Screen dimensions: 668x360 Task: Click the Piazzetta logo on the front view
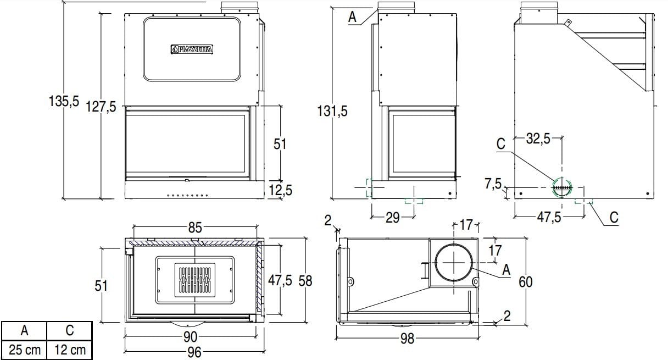pyautogui.click(x=192, y=49)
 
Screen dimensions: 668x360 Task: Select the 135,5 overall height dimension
pyautogui.click(x=64, y=101)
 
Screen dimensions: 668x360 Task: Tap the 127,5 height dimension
pyautogui.click(x=101, y=107)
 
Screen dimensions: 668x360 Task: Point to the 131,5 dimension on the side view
pyautogui.click(x=332, y=111)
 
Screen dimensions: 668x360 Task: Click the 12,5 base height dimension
pyautogui.click(x=281, y=190)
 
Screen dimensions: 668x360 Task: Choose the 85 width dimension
pyautogui.click(x=195, y=228)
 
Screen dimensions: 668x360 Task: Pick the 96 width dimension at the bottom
pyautogui.click(x=194, y=352)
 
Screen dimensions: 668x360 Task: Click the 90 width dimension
pyautogui.click(x=190, y=337)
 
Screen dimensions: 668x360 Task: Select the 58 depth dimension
pyautogui.click(x=305, y=281)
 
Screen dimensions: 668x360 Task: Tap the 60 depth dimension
pyautogui.click(x=526, y=282)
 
